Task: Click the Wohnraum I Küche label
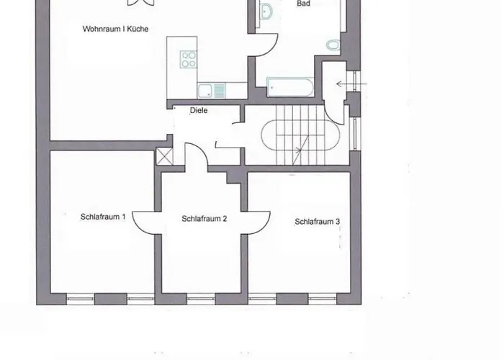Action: (x=115, y=29)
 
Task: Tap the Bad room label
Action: (x=303, y=4)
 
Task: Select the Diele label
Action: (x=199, y=110)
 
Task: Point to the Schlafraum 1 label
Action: (x=103, y=217)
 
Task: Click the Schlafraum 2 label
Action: (x=204, y=219)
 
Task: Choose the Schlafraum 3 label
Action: (x=318, y=222)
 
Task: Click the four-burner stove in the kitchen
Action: (x=189, y=60)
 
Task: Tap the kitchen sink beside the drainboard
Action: (x=205, y=90)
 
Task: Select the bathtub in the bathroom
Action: (x=290, y=87)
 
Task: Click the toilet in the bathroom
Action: (x=333, y=45)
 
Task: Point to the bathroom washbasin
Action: (x=266, y=12)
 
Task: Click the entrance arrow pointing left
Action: (x=351, y=84)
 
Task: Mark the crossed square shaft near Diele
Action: (x=164, y=156)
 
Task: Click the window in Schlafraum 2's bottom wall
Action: (x=201, y=300)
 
